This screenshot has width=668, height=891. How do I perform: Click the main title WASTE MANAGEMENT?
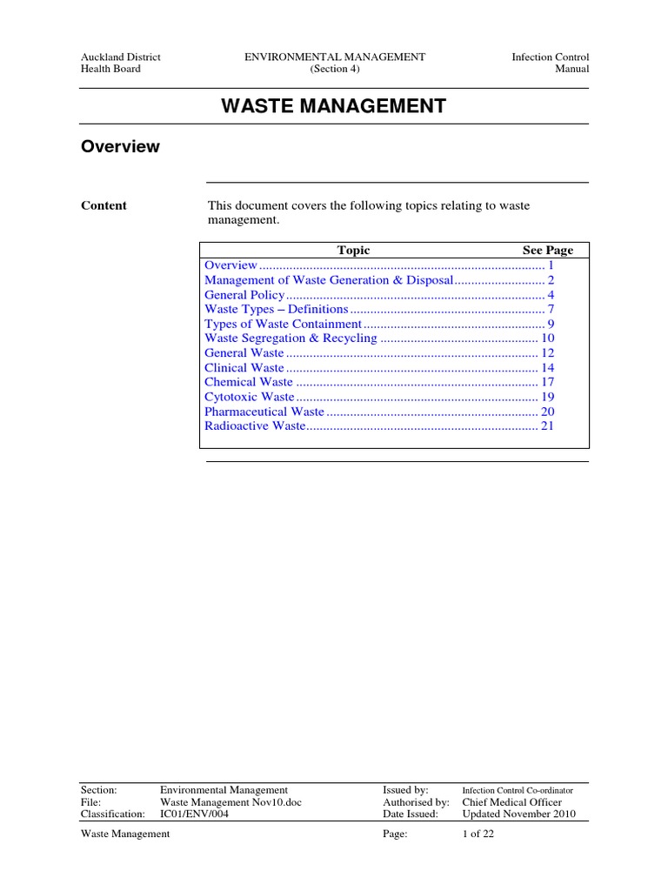tap(333, 106)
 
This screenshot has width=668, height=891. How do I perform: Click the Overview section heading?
tap(120, 146)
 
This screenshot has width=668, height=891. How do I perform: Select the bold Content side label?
tap(104, 205)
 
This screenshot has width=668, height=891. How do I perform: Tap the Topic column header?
tap(353, 250)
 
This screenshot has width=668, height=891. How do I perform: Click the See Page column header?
tap(547, 250)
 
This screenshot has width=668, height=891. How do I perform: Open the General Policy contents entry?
tap(244, 294)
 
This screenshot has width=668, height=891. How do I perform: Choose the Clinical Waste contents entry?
tap(244, 367)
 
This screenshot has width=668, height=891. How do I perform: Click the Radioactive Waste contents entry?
tap(255, 425)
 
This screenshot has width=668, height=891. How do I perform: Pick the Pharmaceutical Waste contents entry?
tap(264, 412)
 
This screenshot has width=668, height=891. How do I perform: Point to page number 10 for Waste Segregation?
tap(548, 338)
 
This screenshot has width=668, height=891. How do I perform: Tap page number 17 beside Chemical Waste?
tap(548, 382)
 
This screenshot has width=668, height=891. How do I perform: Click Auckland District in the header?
tap(120, 57)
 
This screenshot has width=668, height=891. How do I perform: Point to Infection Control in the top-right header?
tap(551, 57)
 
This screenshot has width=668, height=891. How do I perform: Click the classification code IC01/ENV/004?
tap(196, 814)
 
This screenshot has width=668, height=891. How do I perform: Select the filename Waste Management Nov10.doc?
tap(230, 801)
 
